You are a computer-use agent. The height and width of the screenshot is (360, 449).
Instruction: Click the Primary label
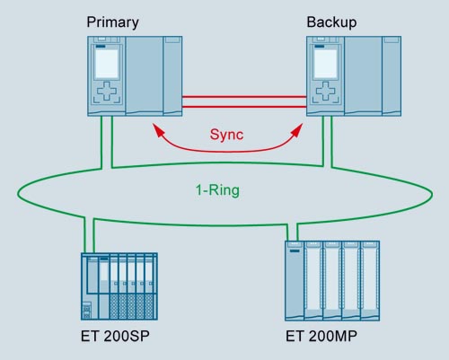click(112, 22)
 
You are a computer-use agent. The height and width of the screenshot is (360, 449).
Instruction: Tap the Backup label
click(331, 22)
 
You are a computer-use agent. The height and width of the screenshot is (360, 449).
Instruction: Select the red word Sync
click(226, 135)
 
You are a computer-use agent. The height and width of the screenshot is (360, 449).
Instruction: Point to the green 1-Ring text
click(217, 190)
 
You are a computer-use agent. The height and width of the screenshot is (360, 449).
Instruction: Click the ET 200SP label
click(115, 336)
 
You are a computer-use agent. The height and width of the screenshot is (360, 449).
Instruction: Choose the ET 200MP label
click(321, 336)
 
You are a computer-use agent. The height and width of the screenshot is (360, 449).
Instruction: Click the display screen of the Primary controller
click(107, 64)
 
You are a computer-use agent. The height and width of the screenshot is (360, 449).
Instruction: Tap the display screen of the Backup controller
click(326, 64)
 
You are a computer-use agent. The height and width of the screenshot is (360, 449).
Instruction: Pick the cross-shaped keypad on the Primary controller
click(107, 91)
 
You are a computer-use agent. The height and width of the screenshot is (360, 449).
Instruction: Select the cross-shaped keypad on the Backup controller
click(326, 91)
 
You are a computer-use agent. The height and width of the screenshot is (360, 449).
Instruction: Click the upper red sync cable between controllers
click(244, 97)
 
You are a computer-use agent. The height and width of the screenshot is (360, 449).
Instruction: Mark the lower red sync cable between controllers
click(244, 107)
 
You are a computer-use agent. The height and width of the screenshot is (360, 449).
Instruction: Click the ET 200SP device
click(119, 286)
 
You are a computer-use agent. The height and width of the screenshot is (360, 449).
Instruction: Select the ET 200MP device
click(332, 281)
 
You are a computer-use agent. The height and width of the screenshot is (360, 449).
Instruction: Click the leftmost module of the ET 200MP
click(295, 281)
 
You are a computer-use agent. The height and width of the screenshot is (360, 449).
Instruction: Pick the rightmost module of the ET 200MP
click(371, 281)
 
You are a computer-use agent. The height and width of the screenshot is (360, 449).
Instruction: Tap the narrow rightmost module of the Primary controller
click(173, 76)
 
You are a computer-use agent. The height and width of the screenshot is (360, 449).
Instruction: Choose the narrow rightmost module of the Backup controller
click(392, 76)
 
